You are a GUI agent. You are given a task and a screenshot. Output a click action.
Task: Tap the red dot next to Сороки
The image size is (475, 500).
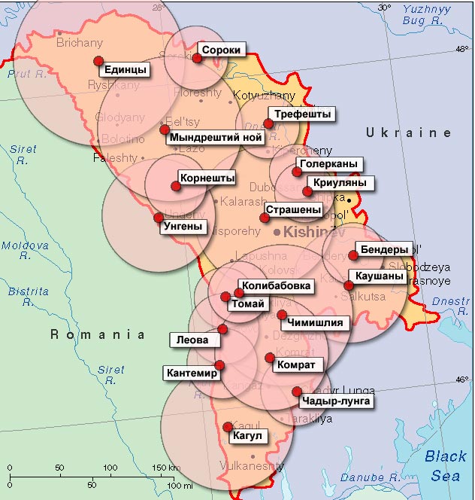[198, 58]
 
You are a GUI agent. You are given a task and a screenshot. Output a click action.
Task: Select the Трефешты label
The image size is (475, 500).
[302, 114]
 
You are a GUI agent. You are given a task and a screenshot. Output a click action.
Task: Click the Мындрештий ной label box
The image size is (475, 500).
[216, 138]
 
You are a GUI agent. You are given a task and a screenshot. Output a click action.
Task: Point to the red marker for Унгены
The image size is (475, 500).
[159, 218]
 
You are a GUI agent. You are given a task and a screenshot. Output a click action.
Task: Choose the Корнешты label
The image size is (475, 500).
[207, 178]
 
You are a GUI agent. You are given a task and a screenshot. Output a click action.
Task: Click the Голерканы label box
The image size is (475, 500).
[328, 163]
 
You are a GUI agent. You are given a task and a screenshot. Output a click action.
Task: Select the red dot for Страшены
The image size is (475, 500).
[265, 218]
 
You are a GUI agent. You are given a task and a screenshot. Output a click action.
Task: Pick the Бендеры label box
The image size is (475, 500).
[385, 248]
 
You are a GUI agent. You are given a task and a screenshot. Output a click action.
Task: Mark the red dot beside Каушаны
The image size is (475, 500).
[349, 285]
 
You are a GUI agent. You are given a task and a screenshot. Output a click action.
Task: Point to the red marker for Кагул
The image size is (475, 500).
[228, 427]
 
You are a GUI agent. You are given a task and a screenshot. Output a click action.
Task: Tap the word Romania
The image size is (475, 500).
[98, 334]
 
